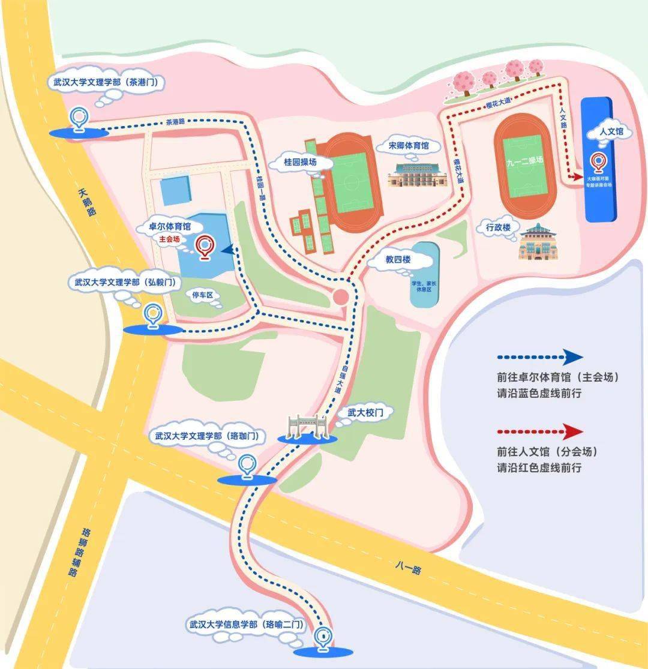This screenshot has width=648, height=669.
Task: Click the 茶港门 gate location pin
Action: click(x=78, y=118)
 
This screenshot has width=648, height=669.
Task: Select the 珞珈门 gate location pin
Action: click(x=246, y=466)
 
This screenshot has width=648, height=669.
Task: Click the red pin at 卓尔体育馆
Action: click(x=206, y=246)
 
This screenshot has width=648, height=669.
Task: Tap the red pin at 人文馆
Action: click(x=598, y=162)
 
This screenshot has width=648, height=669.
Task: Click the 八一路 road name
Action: click(x=409, y=567)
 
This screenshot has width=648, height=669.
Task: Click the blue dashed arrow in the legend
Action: click(x=539, y=357)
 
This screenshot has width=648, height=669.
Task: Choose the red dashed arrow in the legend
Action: click(x=539, y=431)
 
